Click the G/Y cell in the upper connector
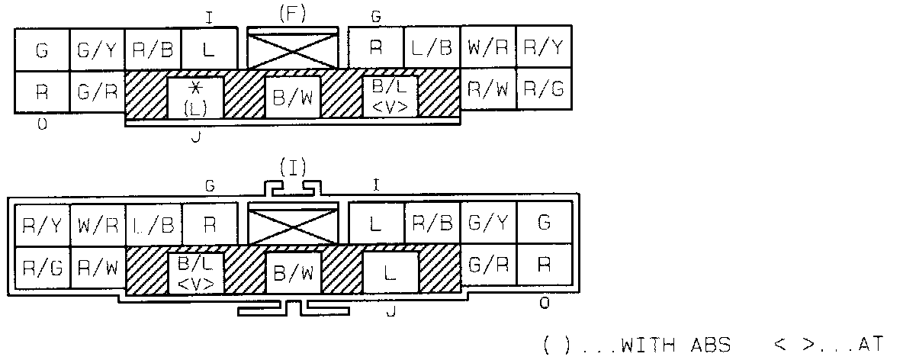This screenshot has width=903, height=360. [x=98, y=50]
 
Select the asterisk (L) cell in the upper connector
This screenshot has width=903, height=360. [x=195, y=98]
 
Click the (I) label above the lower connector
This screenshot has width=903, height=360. [x=292, y=169]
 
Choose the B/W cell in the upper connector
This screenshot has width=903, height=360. [x=293, y=98]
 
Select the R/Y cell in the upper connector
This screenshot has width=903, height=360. [x=544, y=48]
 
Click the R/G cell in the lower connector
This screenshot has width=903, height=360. [x=41, y=267]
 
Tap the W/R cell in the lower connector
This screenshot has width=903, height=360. [x=98, y=224]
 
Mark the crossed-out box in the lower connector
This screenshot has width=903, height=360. [x=293, y=225]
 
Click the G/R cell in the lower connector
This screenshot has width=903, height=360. [x=488, y=265]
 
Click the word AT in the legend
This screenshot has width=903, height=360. [x=869, y=345]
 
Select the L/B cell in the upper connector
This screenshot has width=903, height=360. [x=432, y=48]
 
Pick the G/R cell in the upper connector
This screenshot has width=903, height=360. [x=98, y=92]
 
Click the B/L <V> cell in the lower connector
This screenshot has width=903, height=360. [x=195, y=272]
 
